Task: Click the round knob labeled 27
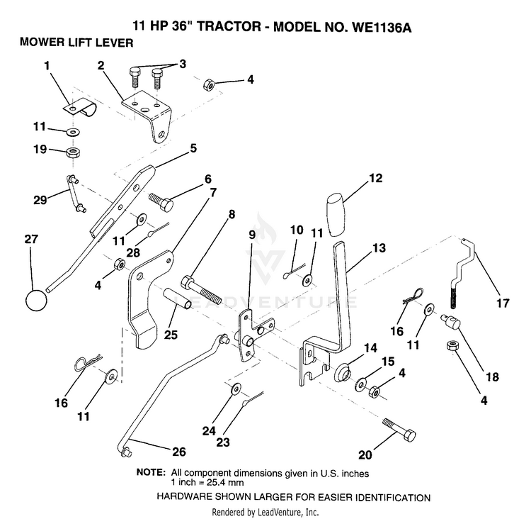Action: pyautogui.click(x=36, y=300)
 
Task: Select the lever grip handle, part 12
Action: pyautogui.click(x=336, y=214)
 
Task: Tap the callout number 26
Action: pyautogui.click(x=179, y=452)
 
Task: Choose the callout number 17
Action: pyautogui.click(x=503, y=303)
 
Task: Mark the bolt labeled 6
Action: pyautogui.click(x=161, y=201)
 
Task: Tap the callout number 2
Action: pyautogui.click(x=101, y=65)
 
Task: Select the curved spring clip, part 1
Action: pyautogui.click(x=81, y=106)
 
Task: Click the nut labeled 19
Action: pyautogui.click(x=73, y=152)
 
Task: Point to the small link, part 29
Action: pyautogui.click(x=76, y=194)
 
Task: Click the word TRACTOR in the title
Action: pyautogui.click(x=229, y=26)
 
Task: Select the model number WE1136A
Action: pyautogui.click(x=382, y=27)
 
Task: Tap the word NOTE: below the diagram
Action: pyautogui.click(x=151, y=472)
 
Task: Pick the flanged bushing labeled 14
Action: pyautogui.click(x=343, y=372)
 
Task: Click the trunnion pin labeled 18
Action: pyautogui.click(x=450, y=322)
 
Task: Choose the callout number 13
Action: pyautogui.click(x=379, y=248)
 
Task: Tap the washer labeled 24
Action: pyautogui.click(x=236, y=389)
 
